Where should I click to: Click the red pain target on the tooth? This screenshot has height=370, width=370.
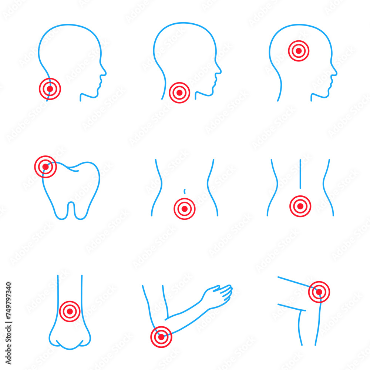coord(45,167)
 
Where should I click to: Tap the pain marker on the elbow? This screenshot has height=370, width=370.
coord(161,337)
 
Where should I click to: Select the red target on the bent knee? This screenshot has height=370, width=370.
coord(319,292)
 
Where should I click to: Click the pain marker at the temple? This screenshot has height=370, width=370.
coord(299,51)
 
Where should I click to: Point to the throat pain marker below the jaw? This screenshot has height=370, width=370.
coord(179,92)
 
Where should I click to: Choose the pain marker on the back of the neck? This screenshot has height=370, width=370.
coord(50,89)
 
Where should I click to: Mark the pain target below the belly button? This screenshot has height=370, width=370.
coord(184,209)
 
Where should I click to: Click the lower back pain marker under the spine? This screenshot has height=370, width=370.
coord(300,206)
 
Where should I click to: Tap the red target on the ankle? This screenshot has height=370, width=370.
coord(70,311)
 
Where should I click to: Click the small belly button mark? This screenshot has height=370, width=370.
coord(184,191)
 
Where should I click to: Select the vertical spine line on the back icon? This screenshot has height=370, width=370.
coord(300,174)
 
